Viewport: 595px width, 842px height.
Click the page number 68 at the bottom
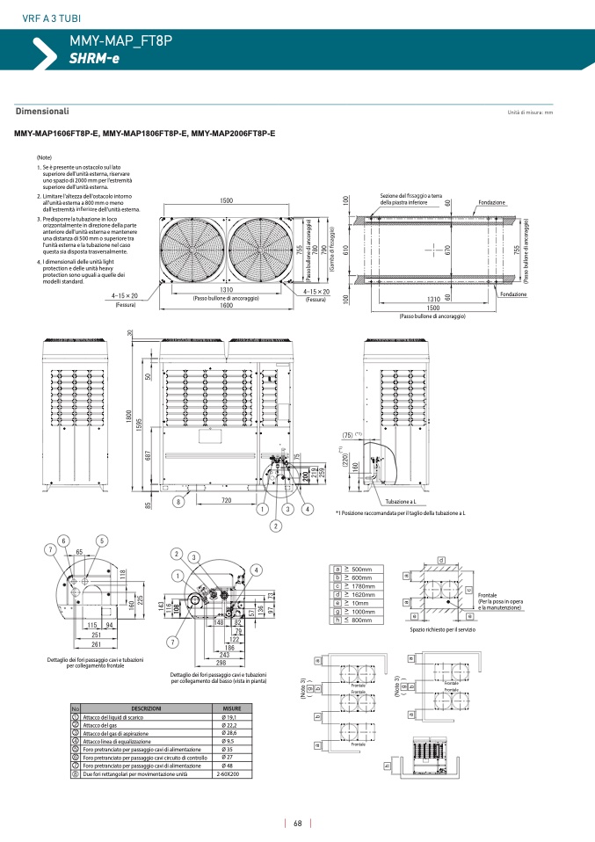[x=298, y=823]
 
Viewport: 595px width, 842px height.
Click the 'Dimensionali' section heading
[x=42, y=112]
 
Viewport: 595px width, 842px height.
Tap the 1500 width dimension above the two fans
[x=226, y=201]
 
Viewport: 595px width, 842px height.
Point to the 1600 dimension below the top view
[x=226, y=306]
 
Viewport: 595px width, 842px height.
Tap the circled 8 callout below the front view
[x=178, y=502]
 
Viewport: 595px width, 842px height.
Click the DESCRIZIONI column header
[x=146, y=708]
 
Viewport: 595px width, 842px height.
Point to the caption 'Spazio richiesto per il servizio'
[x=441, y=629]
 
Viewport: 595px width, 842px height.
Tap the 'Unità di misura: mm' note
[x=530, y=113]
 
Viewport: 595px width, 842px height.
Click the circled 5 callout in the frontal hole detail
[x=103, y=541]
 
